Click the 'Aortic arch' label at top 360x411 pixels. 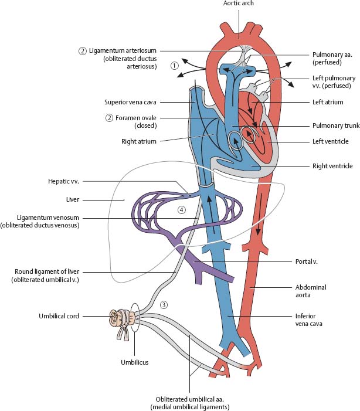click(x=239, y=4)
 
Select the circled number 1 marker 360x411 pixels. click(x=174, y=66)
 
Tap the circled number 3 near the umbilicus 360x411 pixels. click(x=164, y=304)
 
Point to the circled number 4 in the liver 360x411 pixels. click(x=182, y=209)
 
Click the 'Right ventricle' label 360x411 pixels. click(x=328, y=167)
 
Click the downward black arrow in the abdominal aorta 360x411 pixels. click(x=257, y=229)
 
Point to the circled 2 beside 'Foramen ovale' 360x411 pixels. click(x=109, y=117)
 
